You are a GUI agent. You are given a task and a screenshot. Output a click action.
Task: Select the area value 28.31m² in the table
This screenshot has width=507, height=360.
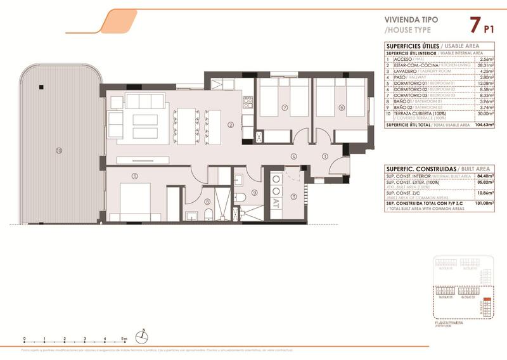pyautogui.click(x=485, y=65)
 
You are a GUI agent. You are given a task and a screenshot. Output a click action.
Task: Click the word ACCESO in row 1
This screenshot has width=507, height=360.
pyautogui.click(x=403, y=59)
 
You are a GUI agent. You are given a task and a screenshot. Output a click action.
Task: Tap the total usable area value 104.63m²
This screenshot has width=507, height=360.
pyautogui.click(x=484, y=125)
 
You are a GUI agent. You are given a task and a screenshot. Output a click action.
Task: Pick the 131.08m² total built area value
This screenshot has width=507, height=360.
pyautogui.click(x=484, y=203)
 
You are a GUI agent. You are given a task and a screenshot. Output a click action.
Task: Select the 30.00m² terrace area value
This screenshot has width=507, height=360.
pyautogui.click(x=485, y=113)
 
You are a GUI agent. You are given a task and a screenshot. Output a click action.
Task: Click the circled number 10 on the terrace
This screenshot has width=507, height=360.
pyautogui.click(x=58, y=151)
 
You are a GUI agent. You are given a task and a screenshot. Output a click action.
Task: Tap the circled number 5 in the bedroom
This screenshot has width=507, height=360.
pyautogui.click(x=134, y=176)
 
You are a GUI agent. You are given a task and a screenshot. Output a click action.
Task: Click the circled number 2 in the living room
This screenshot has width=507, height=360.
pyautogui.click(x=231, y=124)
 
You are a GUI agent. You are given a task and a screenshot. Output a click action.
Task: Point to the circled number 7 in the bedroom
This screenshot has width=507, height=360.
pyautogui.click(x=285, y=108)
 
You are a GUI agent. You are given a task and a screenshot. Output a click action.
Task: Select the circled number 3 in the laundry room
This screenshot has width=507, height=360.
pyautogui.click(x=293, y=196)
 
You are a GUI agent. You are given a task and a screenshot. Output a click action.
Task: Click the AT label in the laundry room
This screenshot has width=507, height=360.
pyautogui.click(x=276, y=204)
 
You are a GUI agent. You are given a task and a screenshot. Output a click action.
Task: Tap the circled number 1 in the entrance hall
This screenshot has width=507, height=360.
pyautogui.click(x=324, y=157)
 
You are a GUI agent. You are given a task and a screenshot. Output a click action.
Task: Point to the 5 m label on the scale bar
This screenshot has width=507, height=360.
pyautogui.click(x=125, y=339)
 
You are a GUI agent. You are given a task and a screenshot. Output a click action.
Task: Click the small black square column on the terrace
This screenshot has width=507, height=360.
pyautogui.click(x=39, y=87)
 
